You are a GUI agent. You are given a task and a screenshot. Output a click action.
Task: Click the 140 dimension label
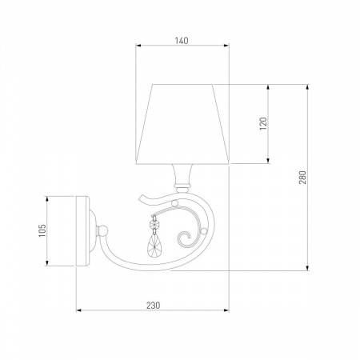click(182, 41)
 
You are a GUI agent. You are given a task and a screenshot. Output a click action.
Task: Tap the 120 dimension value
click(263, 123)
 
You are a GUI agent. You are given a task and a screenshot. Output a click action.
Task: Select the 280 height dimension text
click(302, 178)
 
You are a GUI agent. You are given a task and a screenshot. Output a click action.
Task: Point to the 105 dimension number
click(42, 230)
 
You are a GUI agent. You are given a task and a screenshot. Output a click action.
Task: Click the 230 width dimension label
click(154, 305)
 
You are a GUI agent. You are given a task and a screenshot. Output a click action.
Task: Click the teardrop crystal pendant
click(154, 245)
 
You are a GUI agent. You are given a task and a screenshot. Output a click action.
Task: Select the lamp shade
click(182, 124)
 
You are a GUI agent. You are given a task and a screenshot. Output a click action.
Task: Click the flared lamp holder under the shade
click(182, 178)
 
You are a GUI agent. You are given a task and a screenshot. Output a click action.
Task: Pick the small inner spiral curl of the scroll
click(185, 238)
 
